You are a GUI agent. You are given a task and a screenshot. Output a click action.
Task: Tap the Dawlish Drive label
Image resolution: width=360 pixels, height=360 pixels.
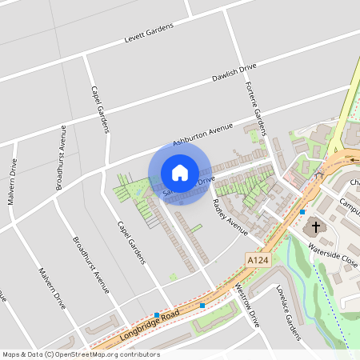coord(234,73)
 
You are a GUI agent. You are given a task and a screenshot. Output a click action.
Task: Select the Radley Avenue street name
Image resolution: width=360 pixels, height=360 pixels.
coord(231,216)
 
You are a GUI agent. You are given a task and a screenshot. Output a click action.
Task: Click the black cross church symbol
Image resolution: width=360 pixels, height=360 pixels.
coord(316,227)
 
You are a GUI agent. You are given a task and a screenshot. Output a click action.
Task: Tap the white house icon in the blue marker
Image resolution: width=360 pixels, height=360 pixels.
coord(180,172)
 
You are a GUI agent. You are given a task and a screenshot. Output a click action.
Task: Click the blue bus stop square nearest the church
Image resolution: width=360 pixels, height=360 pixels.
coord(302,212)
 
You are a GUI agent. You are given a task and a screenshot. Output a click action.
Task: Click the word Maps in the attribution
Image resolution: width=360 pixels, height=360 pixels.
coord(11,354)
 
